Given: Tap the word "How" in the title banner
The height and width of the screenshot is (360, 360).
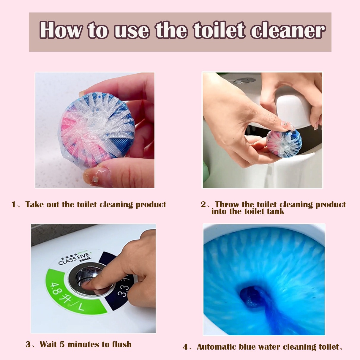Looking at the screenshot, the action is click(x=61, y=30).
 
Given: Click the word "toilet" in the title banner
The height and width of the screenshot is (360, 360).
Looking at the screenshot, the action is click(x=219, y=30).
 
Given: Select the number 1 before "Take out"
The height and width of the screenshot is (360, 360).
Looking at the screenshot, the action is click(x=13, y=205).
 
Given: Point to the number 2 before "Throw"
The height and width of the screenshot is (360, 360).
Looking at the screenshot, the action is click(x=203, y=205).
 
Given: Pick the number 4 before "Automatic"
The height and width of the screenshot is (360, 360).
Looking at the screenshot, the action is click(x=185, y=347).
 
